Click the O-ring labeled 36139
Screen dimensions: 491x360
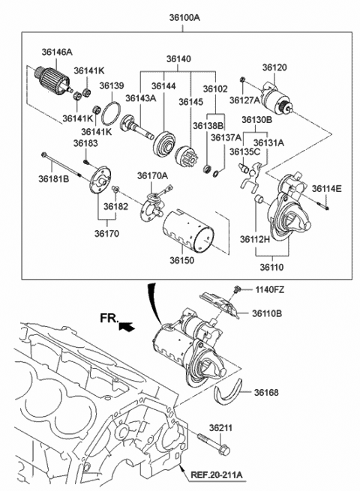coord(110,115)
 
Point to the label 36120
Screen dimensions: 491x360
coord(274,67)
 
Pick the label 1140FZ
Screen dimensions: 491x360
coord(268,289)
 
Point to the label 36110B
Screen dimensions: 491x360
coord(268,313)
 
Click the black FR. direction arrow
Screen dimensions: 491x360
coord(127,326)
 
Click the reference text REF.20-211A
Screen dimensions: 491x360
coord(221,473)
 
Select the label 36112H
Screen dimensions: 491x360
coord(255,240)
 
